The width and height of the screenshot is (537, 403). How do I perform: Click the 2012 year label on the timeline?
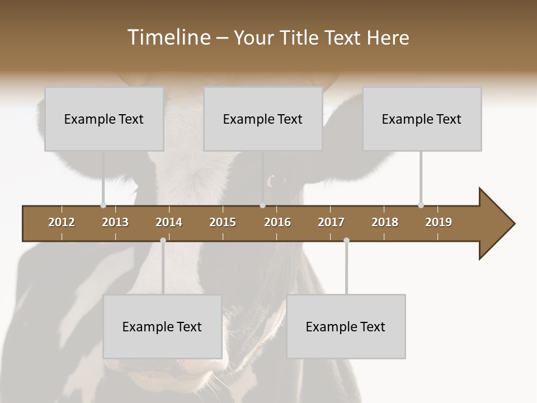tap(62, 222)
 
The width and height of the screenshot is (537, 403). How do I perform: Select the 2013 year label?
tap(115, 222)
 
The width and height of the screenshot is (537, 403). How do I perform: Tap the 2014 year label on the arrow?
tap(169, 222)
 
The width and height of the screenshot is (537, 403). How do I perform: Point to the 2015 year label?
tap(223, 222)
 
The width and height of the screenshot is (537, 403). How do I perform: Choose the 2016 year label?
tap(277, 222)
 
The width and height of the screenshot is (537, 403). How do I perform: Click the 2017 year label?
tap(331, 222)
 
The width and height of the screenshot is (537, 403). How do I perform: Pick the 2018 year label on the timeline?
tap(385, 222)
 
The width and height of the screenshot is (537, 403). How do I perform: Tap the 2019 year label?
tap(439, 222)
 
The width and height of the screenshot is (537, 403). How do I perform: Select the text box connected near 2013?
tap(104, 119)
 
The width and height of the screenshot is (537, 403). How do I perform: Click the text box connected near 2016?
tap(263, 119)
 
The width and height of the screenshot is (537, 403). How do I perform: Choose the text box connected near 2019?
tap(422, 119)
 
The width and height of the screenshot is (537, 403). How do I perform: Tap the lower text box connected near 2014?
tap(162, 326)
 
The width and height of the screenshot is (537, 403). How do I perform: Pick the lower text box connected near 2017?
tap(346, 326)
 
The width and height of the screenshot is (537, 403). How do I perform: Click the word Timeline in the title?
tap(168, 38)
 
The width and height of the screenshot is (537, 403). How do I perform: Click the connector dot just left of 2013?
tap(103, 205)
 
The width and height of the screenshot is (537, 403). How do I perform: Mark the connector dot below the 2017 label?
tap(346, 241)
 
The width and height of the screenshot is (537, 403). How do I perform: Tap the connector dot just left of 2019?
tap(421, 205)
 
